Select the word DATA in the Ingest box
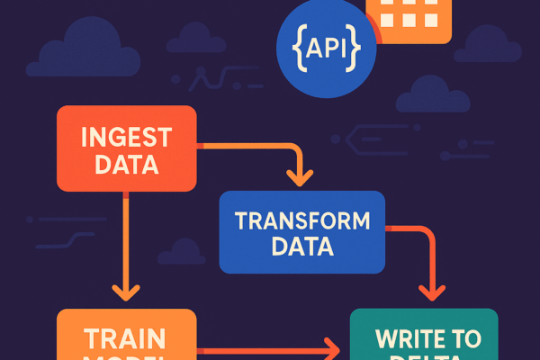(x=126, y=166)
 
